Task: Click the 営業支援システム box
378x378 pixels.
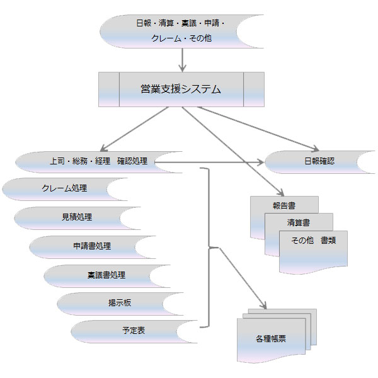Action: [181, 89]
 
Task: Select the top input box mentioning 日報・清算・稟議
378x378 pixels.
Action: [181, 30]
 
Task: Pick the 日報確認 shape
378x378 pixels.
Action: [318, 161]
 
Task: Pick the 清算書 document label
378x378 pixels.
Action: [299, 222]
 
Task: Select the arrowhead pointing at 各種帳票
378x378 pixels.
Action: [263, 306]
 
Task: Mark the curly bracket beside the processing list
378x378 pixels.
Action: [208, 248]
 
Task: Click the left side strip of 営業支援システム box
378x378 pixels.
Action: [109, 89]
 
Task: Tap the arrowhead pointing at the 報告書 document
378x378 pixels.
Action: [280, 192]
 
